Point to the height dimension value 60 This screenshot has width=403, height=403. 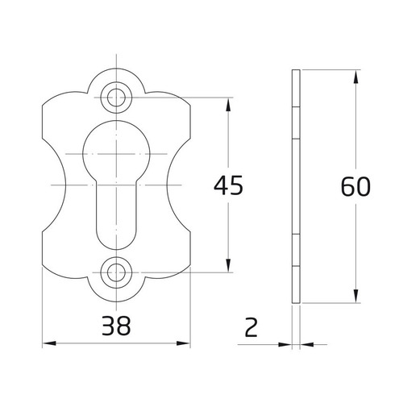pos(355,186)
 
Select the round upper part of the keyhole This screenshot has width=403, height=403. pos(118,149)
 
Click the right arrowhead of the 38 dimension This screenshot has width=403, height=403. pos(189,344)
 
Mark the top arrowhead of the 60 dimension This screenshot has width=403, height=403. pos(355,75)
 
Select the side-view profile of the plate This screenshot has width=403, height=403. pos(296,186)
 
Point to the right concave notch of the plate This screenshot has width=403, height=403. pos(169,185)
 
